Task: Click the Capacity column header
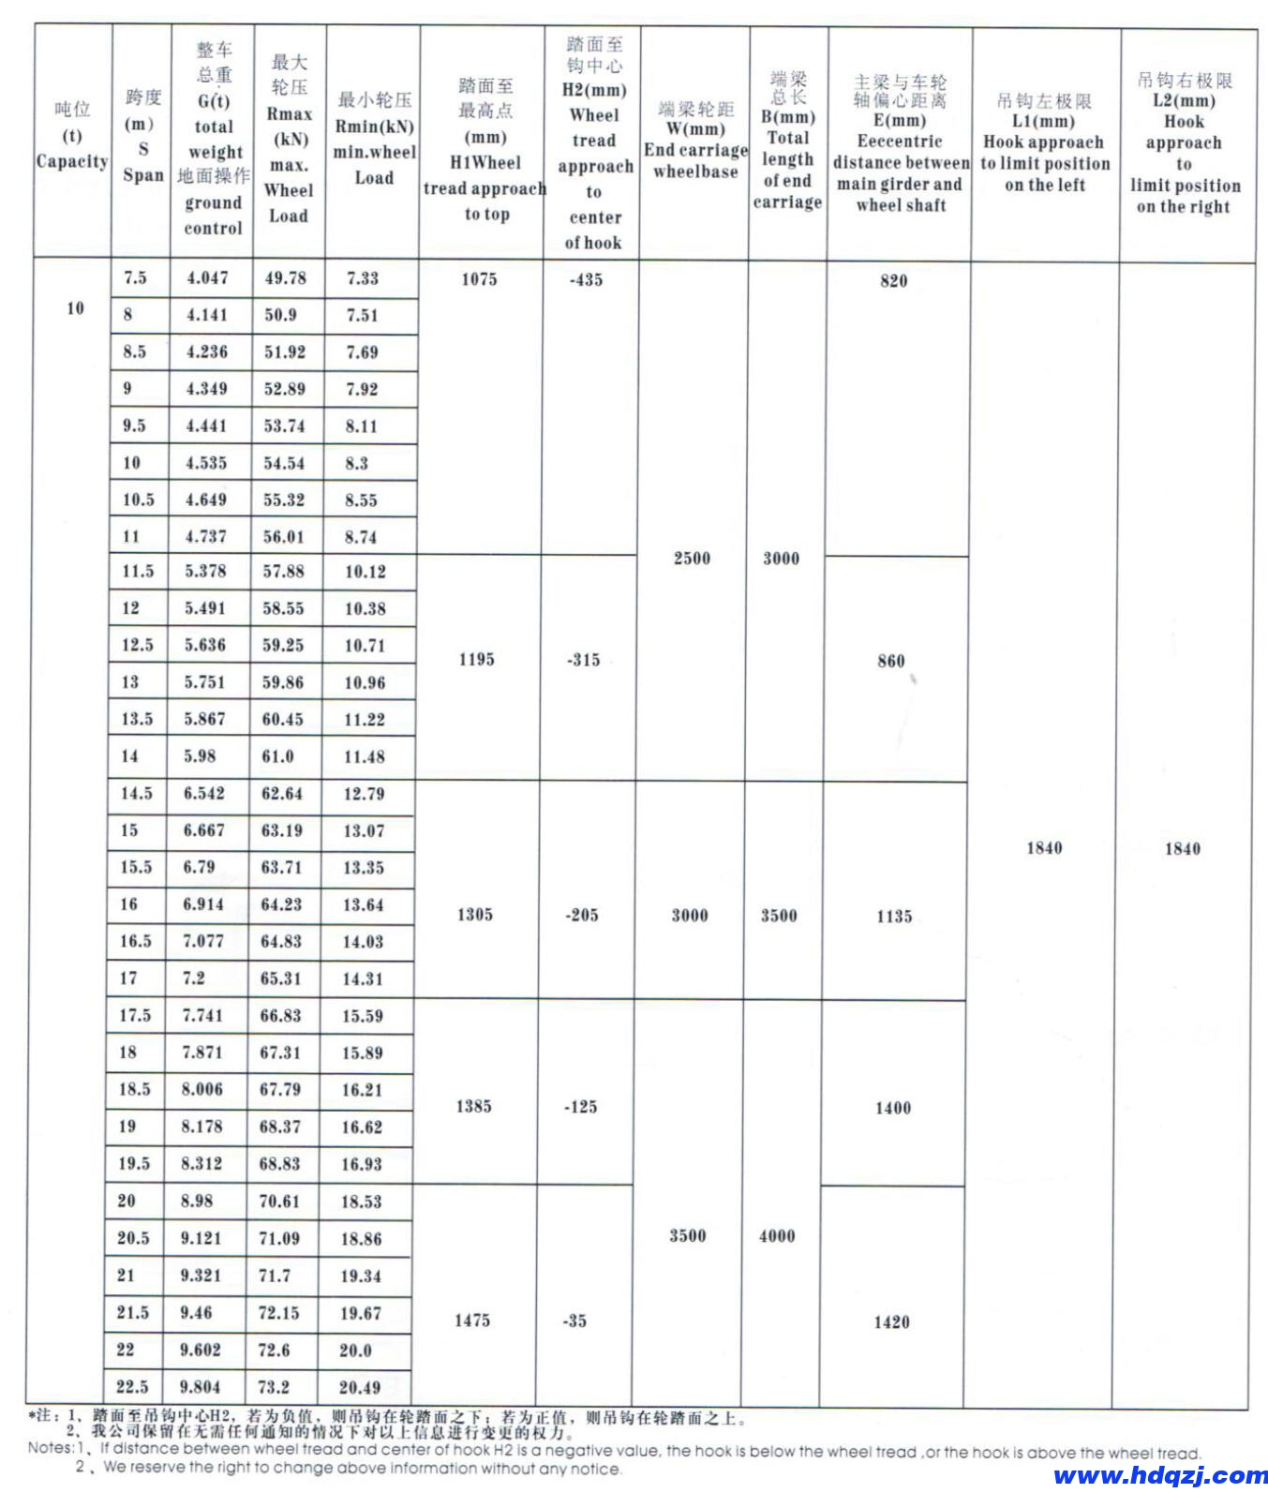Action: [x=72, y=136]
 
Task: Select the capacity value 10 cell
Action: [x=75, y=308]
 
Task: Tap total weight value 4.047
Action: [x=207, y=277]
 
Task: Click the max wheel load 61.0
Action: [x=277, y=756]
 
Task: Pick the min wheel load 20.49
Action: [x=360, y=1387]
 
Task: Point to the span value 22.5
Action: [x=132, y=1386]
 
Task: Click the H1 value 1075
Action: [x=479, y=279]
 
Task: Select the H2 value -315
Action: [x=583, y=660]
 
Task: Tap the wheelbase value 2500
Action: [x=692, y=559]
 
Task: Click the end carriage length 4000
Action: [x=777, y=1236]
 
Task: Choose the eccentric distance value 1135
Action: [x=894, y=917]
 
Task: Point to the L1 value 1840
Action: [x=1044, y=848]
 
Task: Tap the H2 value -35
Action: [x=574, y=1321]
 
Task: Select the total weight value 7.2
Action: [x=194, y=978]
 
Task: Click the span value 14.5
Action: [x=136, y=793]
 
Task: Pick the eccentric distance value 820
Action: [x=894, y=280]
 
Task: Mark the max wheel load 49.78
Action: [x=286, y=277]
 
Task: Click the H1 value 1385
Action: [x=473, y=1107]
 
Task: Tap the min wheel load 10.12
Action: [x=365, y=572]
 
